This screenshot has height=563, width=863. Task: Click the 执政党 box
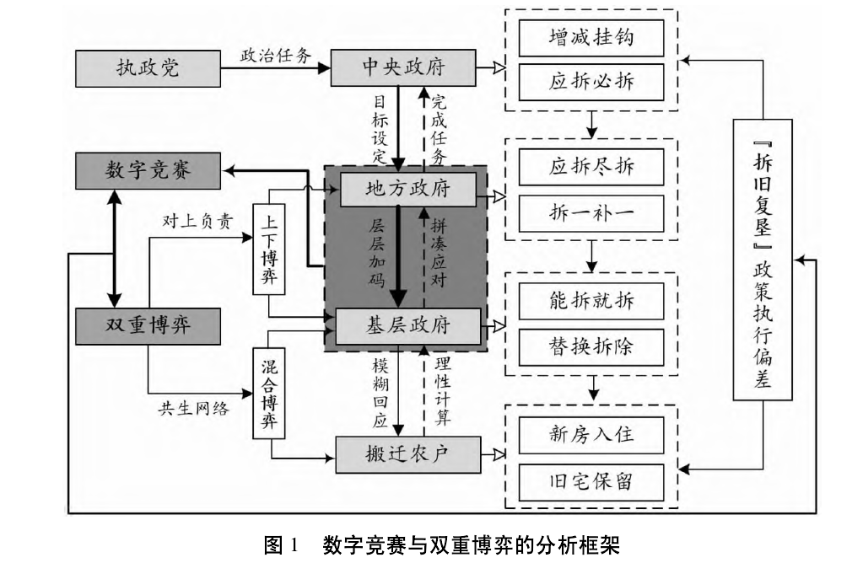[x=147, y=68]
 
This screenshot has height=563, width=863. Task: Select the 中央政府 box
[x=402, y=68]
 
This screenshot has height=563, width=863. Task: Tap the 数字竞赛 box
[x=148, y=170]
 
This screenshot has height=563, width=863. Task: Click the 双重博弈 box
[x=148, y=325]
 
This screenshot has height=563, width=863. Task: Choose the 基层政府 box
[x=408, y=326]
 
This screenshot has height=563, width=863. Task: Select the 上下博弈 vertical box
[x=270, y=249]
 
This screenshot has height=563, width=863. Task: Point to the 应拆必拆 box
[x=591, y=82]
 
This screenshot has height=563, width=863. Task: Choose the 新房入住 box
[x=591, y=435]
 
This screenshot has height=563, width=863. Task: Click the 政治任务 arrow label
[x=276, y=55]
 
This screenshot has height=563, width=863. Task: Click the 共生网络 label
[x=193, y=409]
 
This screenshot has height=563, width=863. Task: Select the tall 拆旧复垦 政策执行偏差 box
[x=763, y=259]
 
